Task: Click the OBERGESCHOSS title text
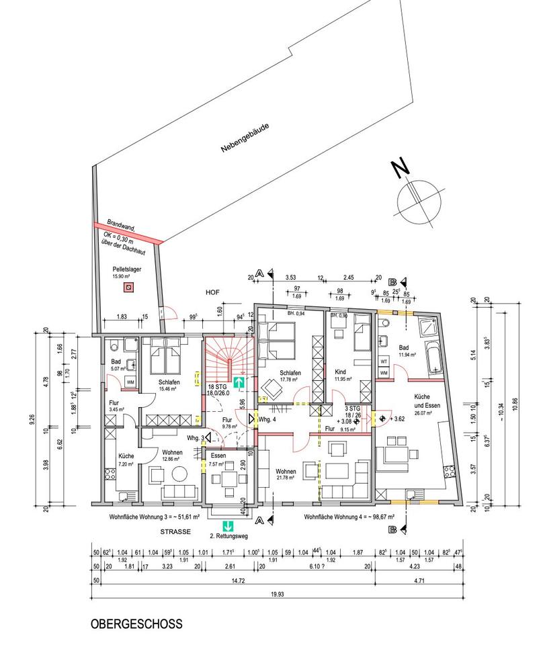tap(136, 623)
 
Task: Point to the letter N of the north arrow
tap(401, 169)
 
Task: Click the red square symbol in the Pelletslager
tap(128, 287)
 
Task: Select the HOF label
tap(213, 294)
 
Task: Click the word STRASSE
tap(176, 531)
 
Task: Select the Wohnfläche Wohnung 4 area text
tap(349, 518)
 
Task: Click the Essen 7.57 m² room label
tap(218, 459)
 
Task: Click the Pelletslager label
tap(125, 269)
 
